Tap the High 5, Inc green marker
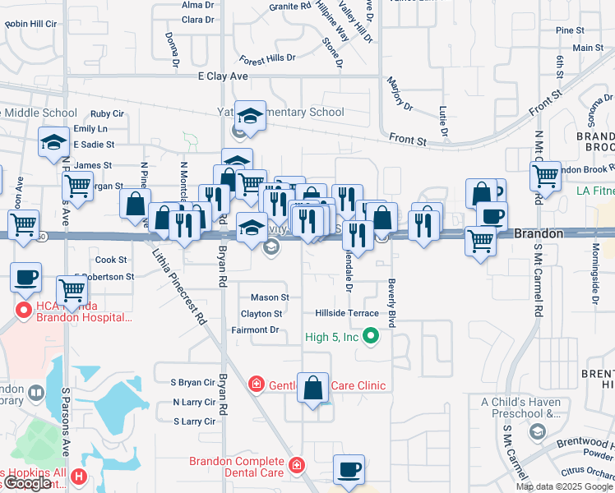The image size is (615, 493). (372, 335)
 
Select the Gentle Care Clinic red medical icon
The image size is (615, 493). (257, 385)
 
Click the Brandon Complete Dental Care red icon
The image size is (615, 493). (296, 465)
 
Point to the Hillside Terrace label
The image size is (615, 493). (347, 313)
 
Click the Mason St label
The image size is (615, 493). (270, 297)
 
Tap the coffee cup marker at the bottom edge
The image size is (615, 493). (349, 470)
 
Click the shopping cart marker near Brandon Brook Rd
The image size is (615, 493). (545, 175)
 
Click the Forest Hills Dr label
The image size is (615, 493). (267, 59)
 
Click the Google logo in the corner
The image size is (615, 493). (27, 483)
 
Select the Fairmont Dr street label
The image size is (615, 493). (255, 329)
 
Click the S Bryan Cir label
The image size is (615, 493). (192, 382)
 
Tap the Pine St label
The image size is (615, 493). (569, 30)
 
